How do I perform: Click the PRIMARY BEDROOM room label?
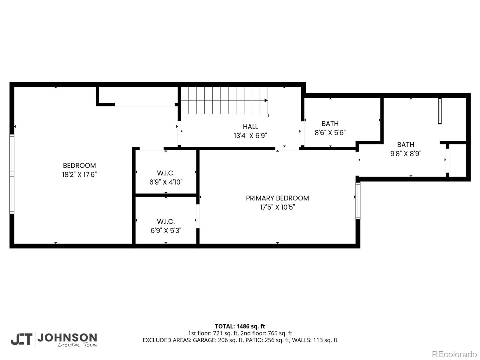click(x=277, y=198)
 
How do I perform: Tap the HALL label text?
click(x=250, y=127)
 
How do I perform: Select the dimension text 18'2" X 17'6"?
click(x=79, y=175)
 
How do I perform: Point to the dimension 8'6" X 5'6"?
click(x=330, y=133)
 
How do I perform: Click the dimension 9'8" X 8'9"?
click(x=406, y=154)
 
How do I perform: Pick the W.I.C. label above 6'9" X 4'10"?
click(x=166, y=173)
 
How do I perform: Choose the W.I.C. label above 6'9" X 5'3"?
click(x=166, y=221)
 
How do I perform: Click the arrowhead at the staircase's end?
click(x=266, y=100)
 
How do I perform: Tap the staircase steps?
click(x=223, y=100)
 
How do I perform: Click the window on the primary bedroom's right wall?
click(x=358, y=201)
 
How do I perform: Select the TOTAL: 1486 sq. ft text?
click(x=240, y=326)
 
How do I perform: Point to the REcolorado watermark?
click(x=454, y=354)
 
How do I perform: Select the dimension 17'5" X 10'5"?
click(x=277, y=207)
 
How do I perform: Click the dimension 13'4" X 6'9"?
click(x=250, y=136)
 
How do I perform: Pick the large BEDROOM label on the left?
click(x=79, y=166)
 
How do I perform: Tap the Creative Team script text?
click(x=77, y=345)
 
